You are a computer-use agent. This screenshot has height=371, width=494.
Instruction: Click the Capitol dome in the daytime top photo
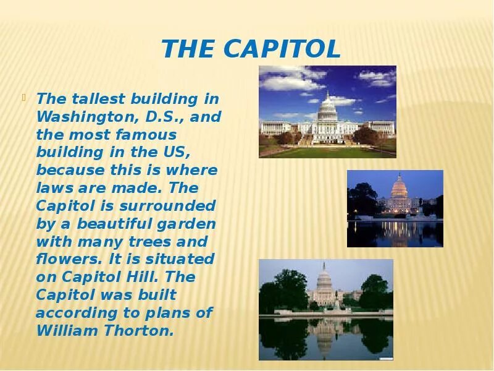click(326, 105)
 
